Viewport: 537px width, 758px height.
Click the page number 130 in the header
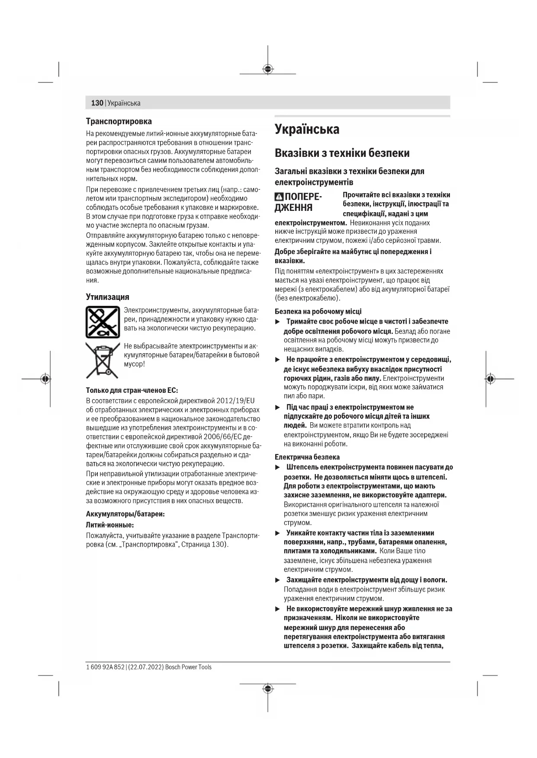click(x=97, y=103)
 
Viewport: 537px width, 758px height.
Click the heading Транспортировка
click(x=119, y=121)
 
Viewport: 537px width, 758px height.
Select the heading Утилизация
click(x=107, y=297)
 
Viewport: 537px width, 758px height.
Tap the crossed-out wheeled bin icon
click(x=102, y=360)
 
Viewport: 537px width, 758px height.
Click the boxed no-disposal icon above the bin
click(x=103, y=322)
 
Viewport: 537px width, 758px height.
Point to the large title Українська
click(x=307, y=129)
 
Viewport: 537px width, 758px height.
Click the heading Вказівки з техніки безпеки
click(x=342, y=153)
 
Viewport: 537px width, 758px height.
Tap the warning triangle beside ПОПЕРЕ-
click(x=279, y=197)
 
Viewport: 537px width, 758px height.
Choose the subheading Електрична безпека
click(x=307, y=457)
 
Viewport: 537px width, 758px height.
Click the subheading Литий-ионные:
click(x=110, y=525)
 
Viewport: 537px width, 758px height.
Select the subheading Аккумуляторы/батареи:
click(x=125, y=514)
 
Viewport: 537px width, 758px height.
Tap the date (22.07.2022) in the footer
click(x=146, y=667)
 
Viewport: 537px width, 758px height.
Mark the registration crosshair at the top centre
click(x=268, y=69)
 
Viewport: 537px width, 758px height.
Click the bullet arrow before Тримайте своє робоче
click(x=278, y=322)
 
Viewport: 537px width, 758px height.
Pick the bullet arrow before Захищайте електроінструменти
click(x=278, y=580)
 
